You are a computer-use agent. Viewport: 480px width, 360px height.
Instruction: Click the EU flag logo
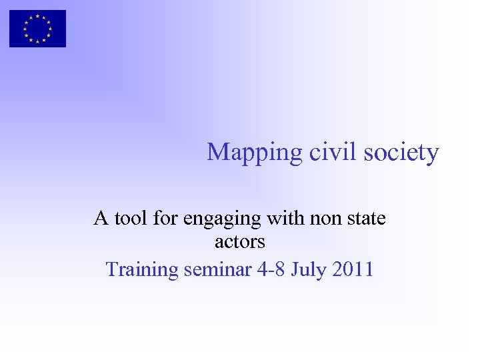(37, 29)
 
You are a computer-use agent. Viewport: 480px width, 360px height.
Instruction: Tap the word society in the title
(403, 153)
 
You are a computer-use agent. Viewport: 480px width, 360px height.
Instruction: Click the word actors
(240, 241)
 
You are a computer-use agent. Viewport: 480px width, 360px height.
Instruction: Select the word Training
(142, 270)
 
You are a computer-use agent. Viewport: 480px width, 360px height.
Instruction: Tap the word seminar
(218, 269)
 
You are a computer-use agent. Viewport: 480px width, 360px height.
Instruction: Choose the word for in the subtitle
(161, 218)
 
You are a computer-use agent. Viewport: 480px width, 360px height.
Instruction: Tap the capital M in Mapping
(217, 152)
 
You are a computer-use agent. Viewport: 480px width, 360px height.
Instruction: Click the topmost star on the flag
(37, 16)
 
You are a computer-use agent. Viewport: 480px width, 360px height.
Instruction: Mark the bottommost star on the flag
(37, 41)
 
